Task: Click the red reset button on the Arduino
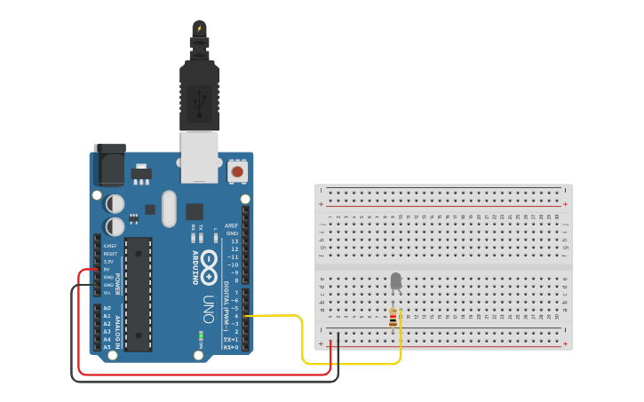tap(237, 170)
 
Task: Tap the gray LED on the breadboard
tap(395, 282)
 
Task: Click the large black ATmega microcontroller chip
tap(138, 293)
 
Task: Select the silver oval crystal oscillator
tap(169, 209)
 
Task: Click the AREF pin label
tap(232, 225)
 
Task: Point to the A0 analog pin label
tap(107, 308)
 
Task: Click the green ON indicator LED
tap(202, 336)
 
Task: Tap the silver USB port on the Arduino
tap(199, 156)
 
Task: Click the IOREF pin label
tap(109, 246)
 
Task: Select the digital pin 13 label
tap(234, 241)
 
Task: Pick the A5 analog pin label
tap(107, 347)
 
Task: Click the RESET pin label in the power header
tap(109, 254)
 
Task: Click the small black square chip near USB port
tap(194, 211)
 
